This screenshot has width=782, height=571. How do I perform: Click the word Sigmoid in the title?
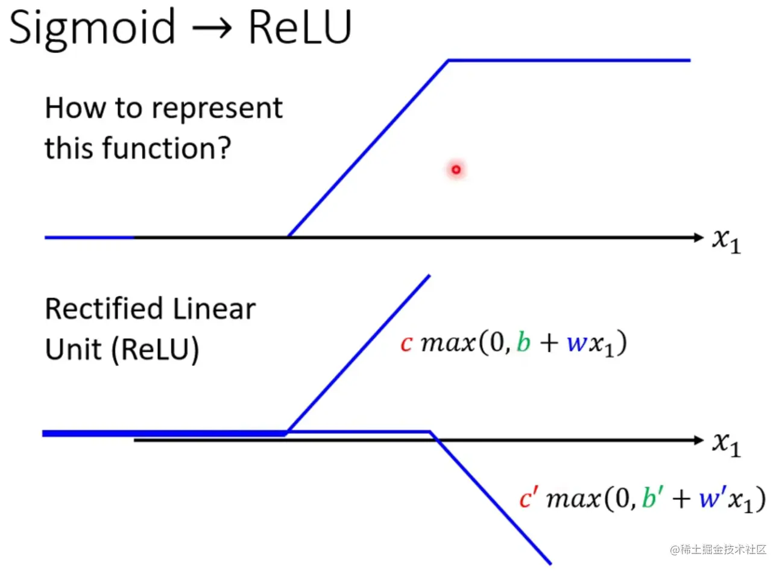coord(92,28)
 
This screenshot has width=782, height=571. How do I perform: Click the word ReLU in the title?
coord(300,27)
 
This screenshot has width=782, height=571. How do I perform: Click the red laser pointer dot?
coord(456,170)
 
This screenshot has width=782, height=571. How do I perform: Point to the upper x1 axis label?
coord(726,241)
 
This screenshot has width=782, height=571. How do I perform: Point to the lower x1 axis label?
coord(726,444)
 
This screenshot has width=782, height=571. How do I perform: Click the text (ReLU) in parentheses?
coord(155,350)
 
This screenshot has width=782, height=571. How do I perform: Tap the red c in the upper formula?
coord(406,344)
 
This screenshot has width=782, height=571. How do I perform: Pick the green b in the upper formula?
coord(523,342)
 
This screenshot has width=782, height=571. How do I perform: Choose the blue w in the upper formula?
coord(576,344)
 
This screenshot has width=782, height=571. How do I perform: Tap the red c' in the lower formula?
coord(528,498)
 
